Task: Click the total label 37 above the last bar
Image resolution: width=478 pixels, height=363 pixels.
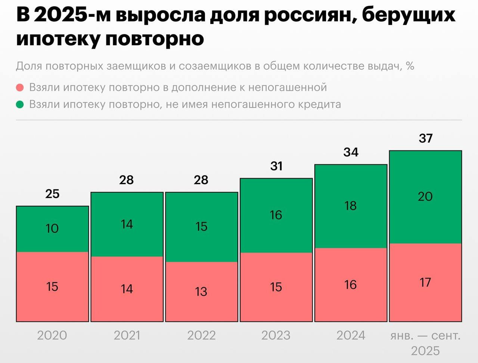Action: click(x=425, y=138)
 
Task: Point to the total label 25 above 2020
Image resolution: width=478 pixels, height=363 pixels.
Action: click(x=52, y=193)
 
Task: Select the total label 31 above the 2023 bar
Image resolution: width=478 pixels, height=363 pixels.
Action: click(x=276, y=166)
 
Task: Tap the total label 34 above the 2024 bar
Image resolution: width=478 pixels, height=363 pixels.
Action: click(x=351, y=152)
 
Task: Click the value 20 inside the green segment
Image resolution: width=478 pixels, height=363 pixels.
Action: click(x=425, y=196)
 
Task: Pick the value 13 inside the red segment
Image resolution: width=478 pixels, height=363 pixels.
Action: click(x=201, y=292)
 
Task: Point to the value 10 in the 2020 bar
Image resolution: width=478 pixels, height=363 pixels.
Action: click(x=52, y=228)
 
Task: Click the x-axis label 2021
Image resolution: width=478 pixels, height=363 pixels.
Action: click(x=127, y=335)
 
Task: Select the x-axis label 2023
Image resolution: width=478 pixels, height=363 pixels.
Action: click(x=276, y=335)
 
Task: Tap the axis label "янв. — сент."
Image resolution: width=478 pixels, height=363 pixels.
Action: click(x=425, y=335)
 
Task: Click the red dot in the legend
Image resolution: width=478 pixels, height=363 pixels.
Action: click(x=20, y=88)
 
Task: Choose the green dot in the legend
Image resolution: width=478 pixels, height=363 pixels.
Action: click(x=20, y=104)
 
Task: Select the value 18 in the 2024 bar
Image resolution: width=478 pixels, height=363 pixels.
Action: click(x=350, y=205)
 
